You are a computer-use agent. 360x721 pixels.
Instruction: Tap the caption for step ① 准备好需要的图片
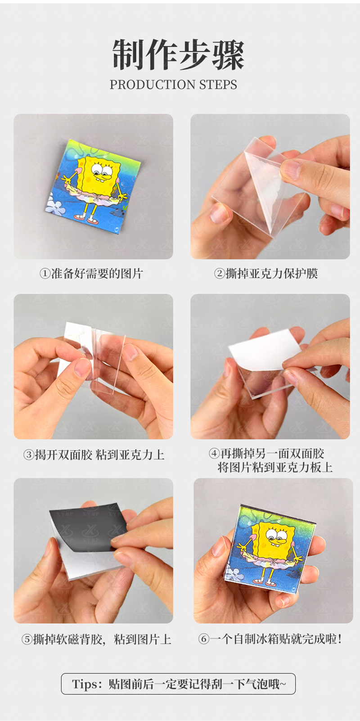(91, 273)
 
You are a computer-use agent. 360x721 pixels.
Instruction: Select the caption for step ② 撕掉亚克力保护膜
(266, 273)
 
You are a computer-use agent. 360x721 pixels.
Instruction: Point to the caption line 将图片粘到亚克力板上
(275, 468)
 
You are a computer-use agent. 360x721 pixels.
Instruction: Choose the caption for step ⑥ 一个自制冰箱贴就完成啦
(270, 639)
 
